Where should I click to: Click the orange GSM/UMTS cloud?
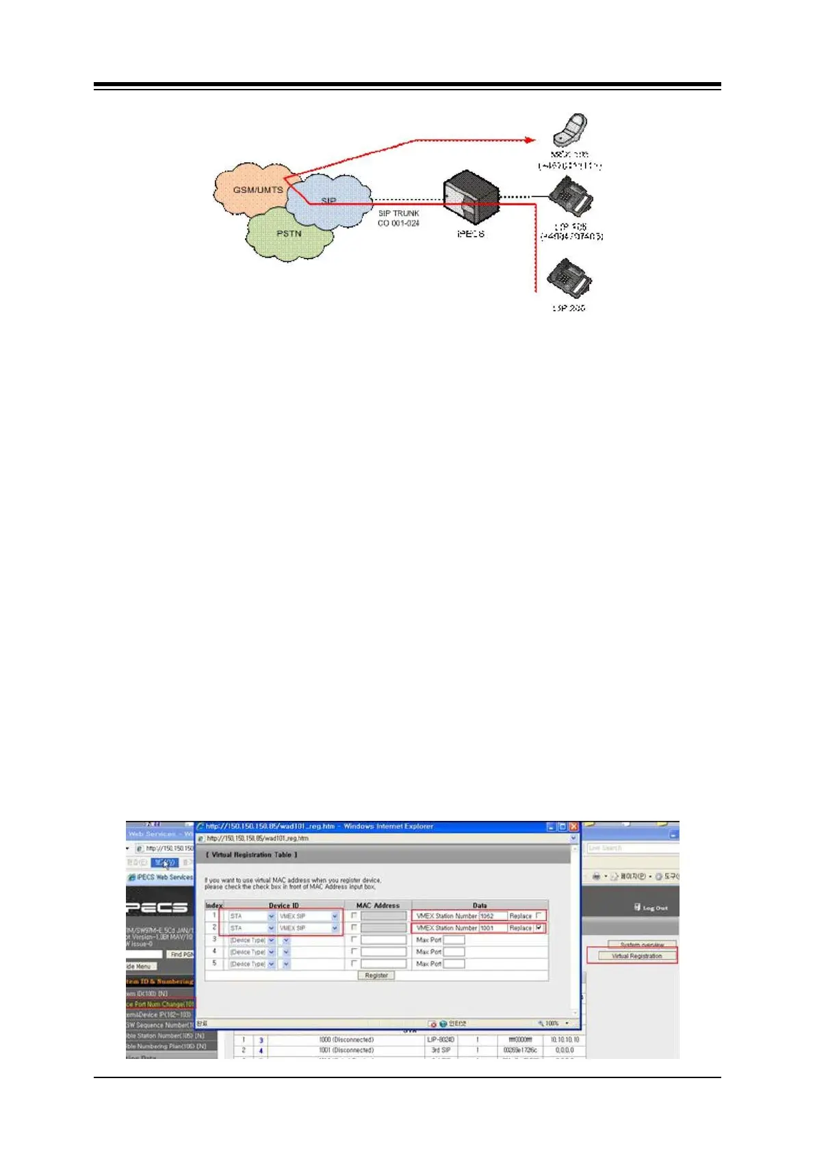click(x=250, y=189)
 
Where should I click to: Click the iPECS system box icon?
click(x=471, y=199)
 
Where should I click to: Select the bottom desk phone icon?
click(x=569, y=279)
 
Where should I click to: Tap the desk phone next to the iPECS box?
click(x=571, y=198)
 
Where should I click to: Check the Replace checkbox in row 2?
click(x=540, y=928)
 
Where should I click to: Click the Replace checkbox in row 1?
click(x=540, y=915)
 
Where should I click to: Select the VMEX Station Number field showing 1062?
click(x=493, y=916)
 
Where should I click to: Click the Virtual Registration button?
click(x=636, y=956)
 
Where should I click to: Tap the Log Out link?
click(x=651, y=908)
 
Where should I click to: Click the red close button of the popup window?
click(x=573, y=826)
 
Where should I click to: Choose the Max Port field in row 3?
click(x=454, y=940)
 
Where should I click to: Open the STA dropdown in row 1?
click(x=271, y=916)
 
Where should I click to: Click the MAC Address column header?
click(x=378, y=905)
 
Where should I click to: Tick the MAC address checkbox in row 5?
click(x=354, y=963)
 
